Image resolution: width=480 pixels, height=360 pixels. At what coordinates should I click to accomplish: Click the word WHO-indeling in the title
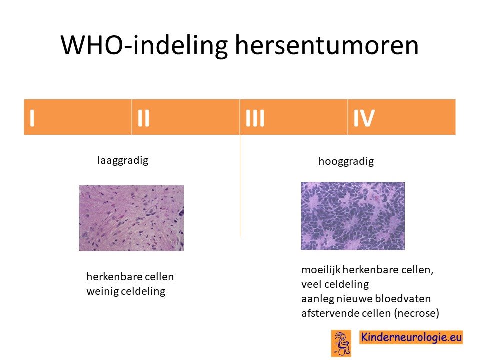(x=144, y=45)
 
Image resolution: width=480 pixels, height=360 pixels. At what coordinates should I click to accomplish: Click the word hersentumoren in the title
(x=327, y=45)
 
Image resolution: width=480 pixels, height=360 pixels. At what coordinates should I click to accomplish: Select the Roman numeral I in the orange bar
(x=32, y=118)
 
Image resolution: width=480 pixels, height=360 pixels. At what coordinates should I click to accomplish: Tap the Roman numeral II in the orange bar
(x=143, y=118)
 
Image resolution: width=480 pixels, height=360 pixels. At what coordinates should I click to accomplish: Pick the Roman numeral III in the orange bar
(x=255, y=118)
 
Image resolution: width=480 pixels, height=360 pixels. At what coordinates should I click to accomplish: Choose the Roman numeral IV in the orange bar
(x=364, y=118)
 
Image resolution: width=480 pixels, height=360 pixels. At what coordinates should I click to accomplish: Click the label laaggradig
(x=123, y=160)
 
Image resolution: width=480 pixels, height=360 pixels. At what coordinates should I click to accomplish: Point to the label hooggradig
(x=346, y=161)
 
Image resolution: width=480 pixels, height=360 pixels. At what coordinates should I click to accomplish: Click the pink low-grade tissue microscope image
(x=131, y=218)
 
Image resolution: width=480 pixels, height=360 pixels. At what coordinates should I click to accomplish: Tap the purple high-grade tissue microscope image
(x=353, y=216)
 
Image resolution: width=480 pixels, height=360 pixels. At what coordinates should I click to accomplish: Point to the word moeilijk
(x=321, y=270)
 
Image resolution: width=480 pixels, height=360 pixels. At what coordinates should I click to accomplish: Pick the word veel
(x=311, y=284)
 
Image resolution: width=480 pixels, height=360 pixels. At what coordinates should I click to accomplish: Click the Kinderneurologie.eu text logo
(x=411, y=337)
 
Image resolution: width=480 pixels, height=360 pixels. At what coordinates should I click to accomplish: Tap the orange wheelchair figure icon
(x=341, y=343)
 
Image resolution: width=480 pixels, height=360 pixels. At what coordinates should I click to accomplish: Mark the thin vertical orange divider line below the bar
(x=240, y=185)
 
